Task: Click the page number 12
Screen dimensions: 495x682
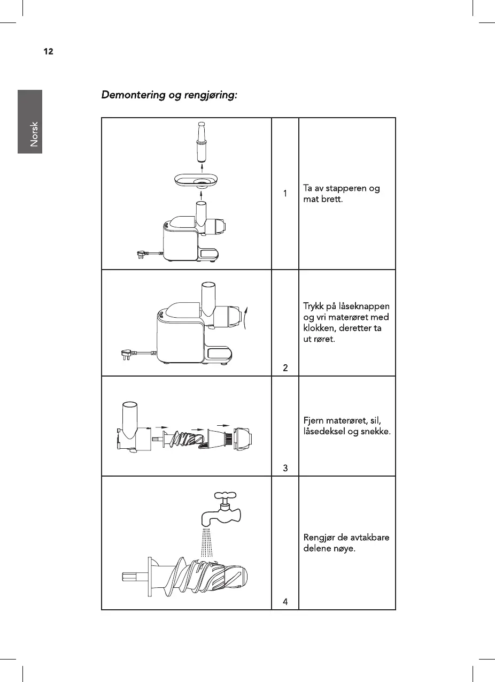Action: pos(48,52)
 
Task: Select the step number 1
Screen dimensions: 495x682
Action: pos(285,193)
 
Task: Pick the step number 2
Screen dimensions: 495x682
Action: pos(285,367)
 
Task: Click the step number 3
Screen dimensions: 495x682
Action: pos(285,468)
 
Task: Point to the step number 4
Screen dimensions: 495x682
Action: pos(285,602)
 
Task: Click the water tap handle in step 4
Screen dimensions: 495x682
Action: pos(225,497)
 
